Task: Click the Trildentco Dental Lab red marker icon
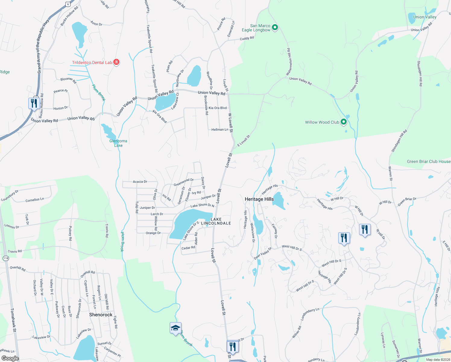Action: (x=116, y=62)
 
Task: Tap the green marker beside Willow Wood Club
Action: (x=343, y=122)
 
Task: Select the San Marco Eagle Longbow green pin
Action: (x=275, y=28)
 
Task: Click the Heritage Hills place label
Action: (x=259, y=199)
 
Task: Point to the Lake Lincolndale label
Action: (x=216, y=221)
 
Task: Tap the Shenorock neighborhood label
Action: (x=101, y=315)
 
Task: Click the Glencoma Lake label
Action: (x=118, y=143)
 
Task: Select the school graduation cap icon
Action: (x=175, y=328)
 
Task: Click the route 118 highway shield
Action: (x=6, y=258)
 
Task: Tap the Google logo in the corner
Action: (x=10, y=358)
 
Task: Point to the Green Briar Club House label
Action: (x=428, y=161)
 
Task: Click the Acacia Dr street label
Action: (x=140, y=182)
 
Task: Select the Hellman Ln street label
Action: (x=220, y=129)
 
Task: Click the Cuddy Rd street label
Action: (x=247, y=38)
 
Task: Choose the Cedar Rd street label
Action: (x=188, y=248)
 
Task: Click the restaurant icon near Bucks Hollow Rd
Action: (x=34, y=103)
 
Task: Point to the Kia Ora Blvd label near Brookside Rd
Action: (x=217, y=108)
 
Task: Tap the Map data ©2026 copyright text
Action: (x=438, y=360)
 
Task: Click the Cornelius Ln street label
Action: (x=35, y=200)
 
